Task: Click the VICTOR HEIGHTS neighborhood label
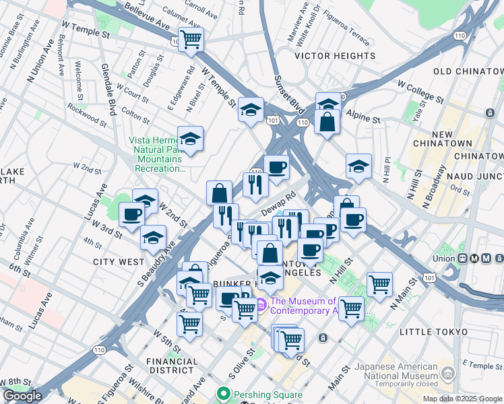point(335,56)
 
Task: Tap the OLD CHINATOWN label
point(468,71)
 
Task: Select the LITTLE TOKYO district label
point(433,332)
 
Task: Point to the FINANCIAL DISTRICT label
point(172,366)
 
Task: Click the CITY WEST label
point(119,261)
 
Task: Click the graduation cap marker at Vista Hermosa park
point(191,138)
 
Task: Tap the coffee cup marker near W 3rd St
point(132,214)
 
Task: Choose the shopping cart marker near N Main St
point(380,283)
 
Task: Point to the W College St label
point(420,93)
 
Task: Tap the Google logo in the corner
point(22,396)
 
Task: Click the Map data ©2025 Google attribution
point(462,399)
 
